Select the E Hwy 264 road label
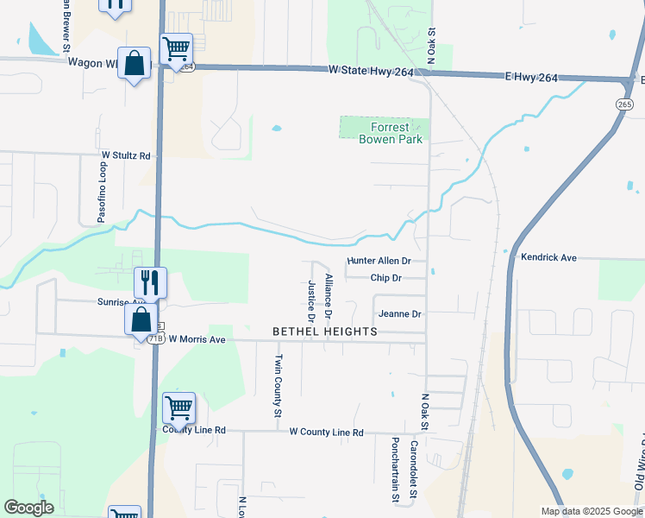(x=530, y=78)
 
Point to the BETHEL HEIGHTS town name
(x=325, y=332)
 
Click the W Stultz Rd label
(x=126, y=156)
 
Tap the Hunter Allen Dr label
(x=379, y=261)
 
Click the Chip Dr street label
(x=385, y=278)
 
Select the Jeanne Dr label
(x=399, y=314)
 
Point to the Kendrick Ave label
(x=548, y=257)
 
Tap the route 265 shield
(x=624, y=104)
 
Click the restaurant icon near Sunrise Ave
(x=149, y=282)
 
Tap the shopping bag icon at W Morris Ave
(x=141, y=319)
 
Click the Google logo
(x=28, y=508)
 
